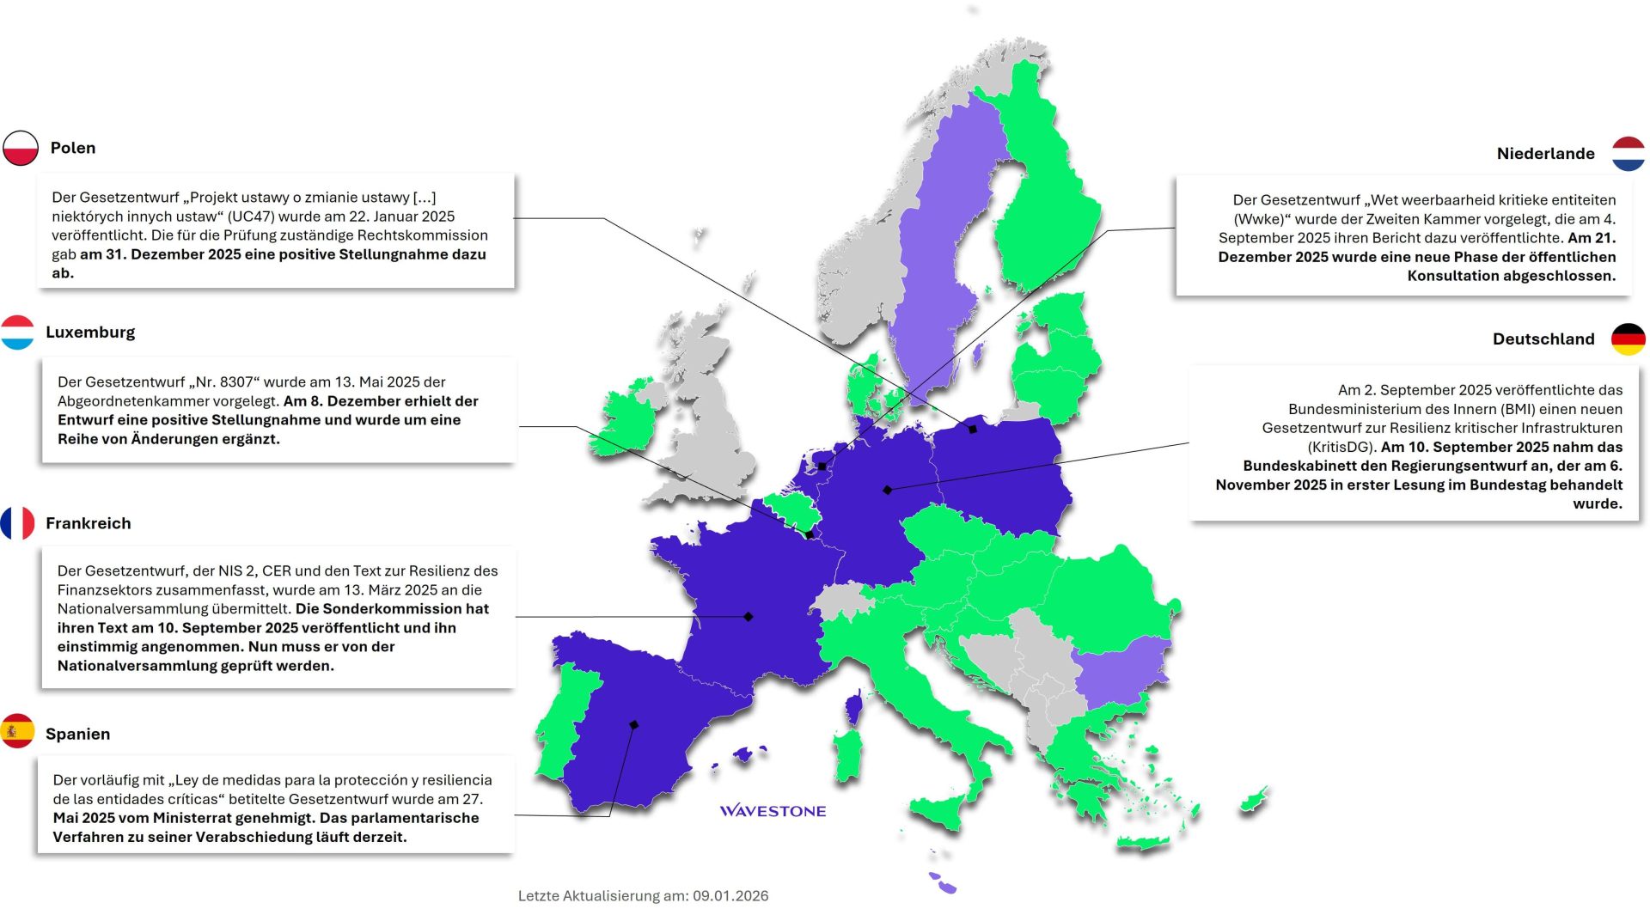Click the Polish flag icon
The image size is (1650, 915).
click(21, 148)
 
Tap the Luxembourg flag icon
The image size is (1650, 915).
click(17, 332)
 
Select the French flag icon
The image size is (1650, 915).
click(17, 523)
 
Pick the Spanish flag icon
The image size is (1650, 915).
click(17, 731)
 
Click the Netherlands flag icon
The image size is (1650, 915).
click(1628, 154)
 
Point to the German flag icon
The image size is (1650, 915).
click(1628, 339)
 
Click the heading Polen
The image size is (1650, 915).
click(73, 148)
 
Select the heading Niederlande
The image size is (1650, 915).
click(1545, 154)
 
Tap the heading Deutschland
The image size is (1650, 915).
click(1543, 339)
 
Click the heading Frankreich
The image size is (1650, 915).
click(89, 523)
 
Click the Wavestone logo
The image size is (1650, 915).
click(773, 810)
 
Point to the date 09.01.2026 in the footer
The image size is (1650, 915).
click(730, 895)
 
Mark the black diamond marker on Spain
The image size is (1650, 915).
click(634, 724)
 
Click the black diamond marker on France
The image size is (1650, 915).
click(749, 617)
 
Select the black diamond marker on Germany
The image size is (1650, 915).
click(888, 490)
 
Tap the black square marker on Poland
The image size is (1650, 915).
click(973, 429)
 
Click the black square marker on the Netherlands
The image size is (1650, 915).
click(822, 467)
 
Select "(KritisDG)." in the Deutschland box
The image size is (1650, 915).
click(1341, 447)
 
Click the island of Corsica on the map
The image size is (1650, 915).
click(853, 707)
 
